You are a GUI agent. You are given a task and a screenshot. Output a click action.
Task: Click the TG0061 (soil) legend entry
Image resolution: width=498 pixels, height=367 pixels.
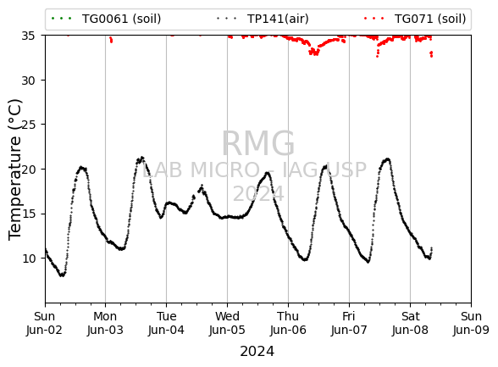(x=106, y=19)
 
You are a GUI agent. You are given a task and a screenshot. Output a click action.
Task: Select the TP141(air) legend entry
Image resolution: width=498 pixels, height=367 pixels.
(x=263, y=19)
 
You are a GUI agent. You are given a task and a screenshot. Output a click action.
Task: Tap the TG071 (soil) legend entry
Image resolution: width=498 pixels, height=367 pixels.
(x=415, y=19)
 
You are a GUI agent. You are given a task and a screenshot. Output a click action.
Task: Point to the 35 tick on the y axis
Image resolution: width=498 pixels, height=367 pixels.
(x=28, y=36)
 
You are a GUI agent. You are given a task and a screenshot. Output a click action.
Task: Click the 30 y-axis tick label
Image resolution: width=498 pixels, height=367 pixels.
(x=28, y=81)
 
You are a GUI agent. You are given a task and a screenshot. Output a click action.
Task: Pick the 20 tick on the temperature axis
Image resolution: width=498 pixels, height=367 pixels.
(x=28, y=170)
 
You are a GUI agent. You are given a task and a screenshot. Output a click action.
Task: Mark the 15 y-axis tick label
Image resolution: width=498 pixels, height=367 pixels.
(x=28, y=214)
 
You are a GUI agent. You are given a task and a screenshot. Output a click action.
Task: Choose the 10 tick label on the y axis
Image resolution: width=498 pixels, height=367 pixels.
(x=28, y=259)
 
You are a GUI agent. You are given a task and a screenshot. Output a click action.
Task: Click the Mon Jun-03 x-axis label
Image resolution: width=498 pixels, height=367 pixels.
(x=105, y=323)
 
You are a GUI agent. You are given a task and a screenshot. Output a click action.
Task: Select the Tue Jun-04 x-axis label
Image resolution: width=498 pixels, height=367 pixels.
(x=166, y=323)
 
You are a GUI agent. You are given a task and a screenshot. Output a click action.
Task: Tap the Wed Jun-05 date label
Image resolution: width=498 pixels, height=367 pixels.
(x=227, y=323)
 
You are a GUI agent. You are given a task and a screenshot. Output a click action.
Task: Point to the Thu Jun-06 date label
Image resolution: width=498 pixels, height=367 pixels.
(x=288, y=323)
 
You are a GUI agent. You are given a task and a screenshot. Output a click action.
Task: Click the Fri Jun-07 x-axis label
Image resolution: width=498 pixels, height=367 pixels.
(x=349, y=323)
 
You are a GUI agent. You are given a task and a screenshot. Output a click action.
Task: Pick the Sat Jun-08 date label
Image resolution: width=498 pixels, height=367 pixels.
(x=410, y=323)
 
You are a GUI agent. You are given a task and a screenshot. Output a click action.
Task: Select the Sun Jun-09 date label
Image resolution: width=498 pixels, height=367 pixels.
(x=471, y=323)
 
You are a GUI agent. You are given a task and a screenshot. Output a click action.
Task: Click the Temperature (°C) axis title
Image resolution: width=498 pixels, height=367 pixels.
(x=14, y=170)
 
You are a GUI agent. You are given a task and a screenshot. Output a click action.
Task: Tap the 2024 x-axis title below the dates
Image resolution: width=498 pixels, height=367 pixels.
(x=257, y=352)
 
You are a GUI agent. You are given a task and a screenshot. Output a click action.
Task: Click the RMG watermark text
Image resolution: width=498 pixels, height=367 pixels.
(x=257, y=143)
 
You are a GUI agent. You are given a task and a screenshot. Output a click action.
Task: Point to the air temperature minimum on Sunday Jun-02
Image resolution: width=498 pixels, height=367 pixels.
(x=63, y=275)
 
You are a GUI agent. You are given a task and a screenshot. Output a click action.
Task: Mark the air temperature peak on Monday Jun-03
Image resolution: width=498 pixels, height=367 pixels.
(x=142, y=158)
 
